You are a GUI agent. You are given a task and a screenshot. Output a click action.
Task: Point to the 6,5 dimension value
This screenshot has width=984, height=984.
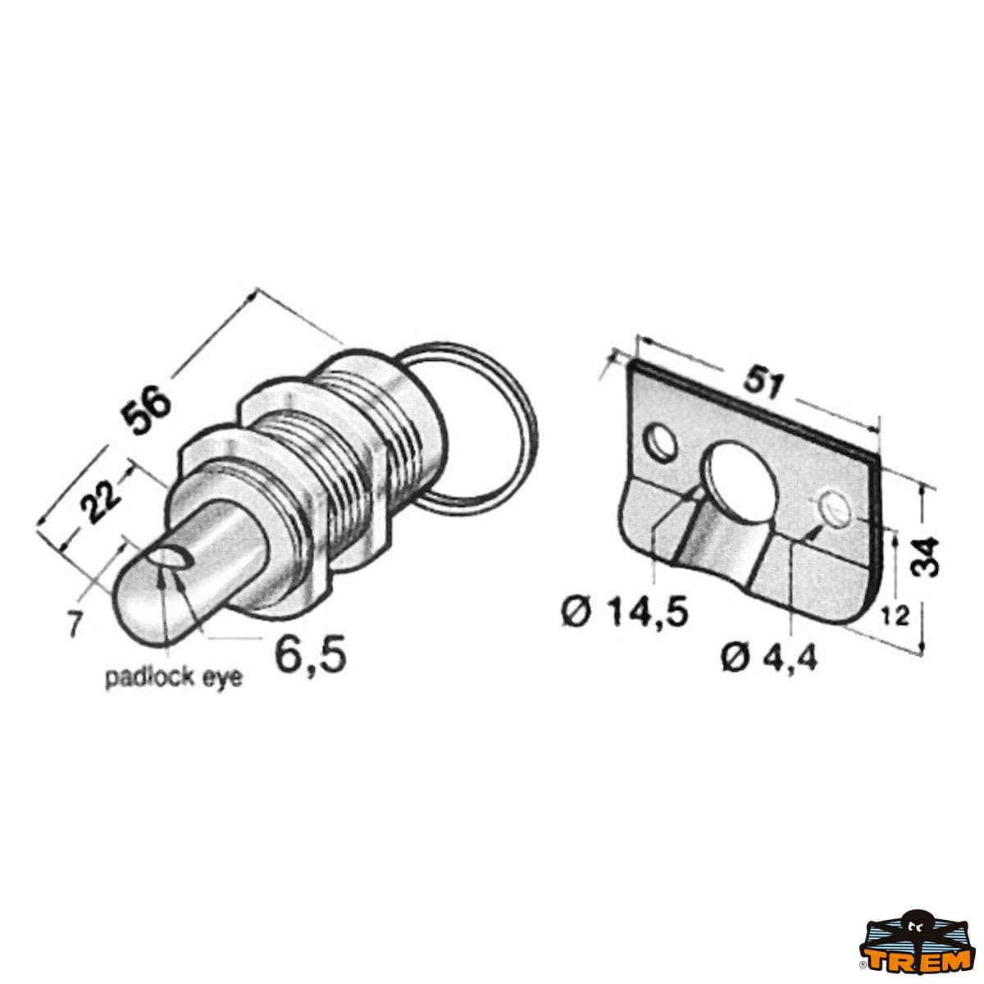[x=311, y=653]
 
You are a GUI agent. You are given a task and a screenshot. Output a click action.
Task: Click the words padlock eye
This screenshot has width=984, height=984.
[x=174, y=679]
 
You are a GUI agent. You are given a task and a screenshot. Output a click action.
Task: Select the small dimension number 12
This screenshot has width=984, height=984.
[x=895, y=617]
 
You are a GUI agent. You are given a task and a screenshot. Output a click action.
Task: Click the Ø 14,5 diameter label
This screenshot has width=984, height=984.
[x=625, y=613]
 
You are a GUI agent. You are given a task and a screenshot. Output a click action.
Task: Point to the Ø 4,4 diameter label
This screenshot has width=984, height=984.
[x=769, y=658]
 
